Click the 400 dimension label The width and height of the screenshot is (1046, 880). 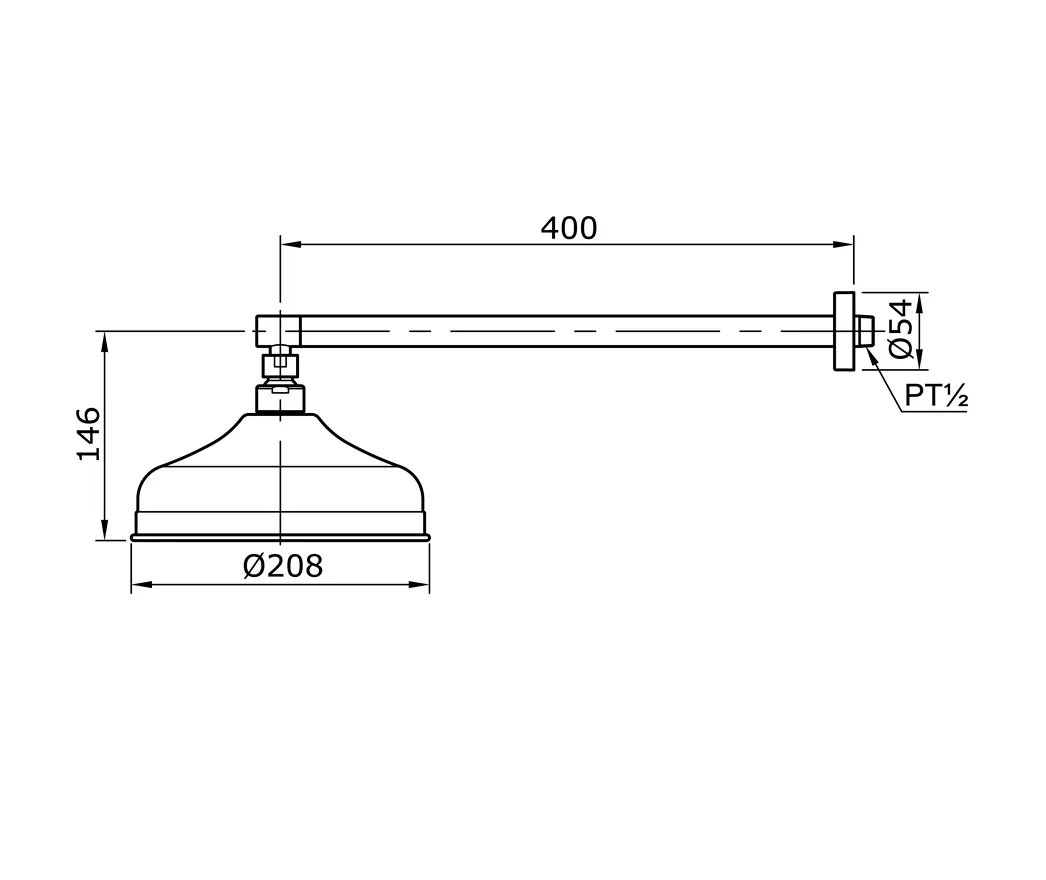tap(568, 228)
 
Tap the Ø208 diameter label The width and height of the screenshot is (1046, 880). tap(283, 566)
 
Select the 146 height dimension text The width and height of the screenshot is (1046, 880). tap(89, 434)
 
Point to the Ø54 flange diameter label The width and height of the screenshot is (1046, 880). tap(901, 329)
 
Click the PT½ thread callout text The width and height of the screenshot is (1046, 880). tap(936, 396)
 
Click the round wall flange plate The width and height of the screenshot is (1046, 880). tap(844, 331)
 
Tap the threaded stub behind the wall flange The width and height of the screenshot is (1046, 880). tap(864, 332)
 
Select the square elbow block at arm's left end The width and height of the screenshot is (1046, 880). tap(278, 331)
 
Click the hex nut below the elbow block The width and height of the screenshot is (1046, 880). tap(280, 366)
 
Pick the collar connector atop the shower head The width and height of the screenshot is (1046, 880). tap(280, 399)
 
